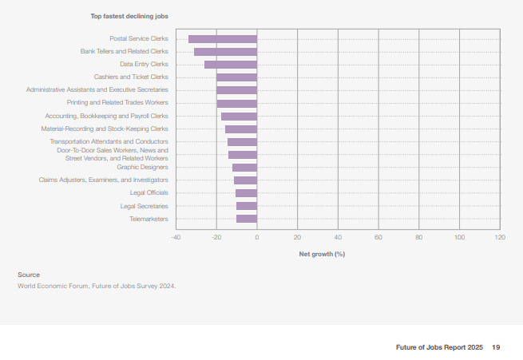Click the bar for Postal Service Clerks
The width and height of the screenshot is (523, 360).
click(x=223, y=39)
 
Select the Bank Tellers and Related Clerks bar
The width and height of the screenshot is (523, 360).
click(x=225, y=52)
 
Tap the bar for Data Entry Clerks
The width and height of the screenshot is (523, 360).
click(x=231, y=65)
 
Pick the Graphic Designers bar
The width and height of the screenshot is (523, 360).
click(x=244, y=168)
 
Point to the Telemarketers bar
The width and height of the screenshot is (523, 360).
click(x=247, y=219)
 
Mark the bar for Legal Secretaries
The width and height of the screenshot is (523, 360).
click(x=247, y=206)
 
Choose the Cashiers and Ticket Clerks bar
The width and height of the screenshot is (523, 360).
click(x=236, y=77)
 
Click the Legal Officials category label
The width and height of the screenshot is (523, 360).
click(x=149, y=192)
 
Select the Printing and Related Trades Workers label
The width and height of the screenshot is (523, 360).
click(x=117, y=102)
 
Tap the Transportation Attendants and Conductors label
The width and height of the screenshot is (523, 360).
click(x=109, y=141)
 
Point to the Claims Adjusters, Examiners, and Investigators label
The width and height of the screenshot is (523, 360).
click(x=103, y=180)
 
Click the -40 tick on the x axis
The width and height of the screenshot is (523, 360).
click(x=176, y=237)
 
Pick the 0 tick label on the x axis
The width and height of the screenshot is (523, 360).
click(x=257, y=237)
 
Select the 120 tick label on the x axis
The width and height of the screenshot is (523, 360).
click(x=500, y=237)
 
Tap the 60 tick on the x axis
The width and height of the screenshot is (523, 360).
click(x=378, y=237)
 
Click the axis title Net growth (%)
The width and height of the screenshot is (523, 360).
click(x=322, y=254)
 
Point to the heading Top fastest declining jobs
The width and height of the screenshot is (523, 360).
click(x=129, y=16)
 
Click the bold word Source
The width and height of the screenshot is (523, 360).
click(x=29, y=275)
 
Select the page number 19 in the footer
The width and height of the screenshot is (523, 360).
click(x=496, y=347)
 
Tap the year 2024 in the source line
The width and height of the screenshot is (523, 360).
click(x=167, y=286)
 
